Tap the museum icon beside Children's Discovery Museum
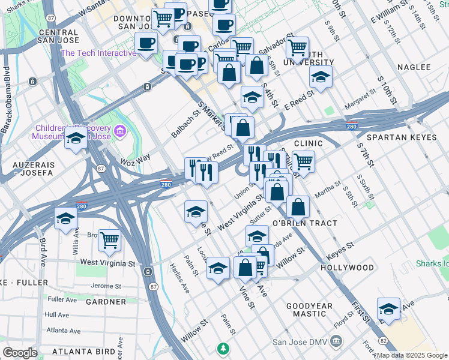point(120,130)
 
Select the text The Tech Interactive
point(98,53)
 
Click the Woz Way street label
point(135,160)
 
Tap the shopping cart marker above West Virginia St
point(109,241)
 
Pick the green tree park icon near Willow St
point(223,348)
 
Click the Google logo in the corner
point(20,353)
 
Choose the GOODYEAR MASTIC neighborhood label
point(309,310)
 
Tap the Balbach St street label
point(185,124)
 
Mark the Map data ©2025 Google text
point(412,355)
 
